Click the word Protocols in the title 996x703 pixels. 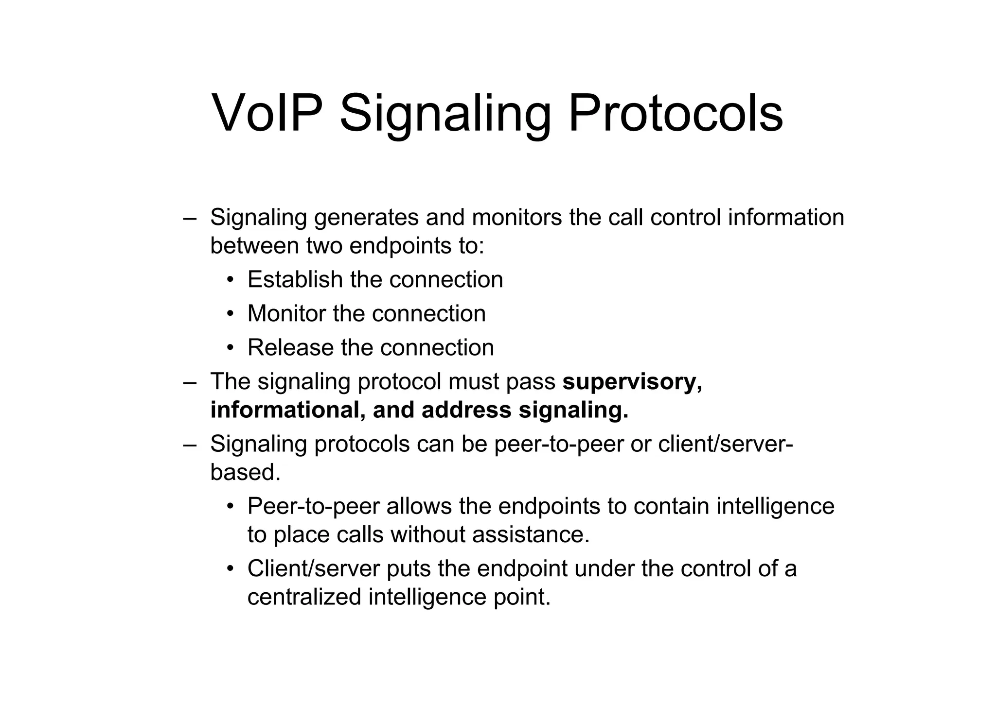click(676, 113)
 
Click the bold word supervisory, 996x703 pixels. click(632, 382)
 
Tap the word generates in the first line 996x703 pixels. click(366, 218)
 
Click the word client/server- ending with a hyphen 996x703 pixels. click(725, 444)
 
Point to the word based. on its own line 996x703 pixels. click(245, 472)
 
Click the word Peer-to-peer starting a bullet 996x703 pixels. click(313, 506)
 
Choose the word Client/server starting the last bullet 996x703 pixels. click(313, 569)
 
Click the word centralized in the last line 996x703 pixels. click(304, 597)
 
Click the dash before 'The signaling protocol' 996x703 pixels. click(190, 382)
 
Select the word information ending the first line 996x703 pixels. click(785, 217)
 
